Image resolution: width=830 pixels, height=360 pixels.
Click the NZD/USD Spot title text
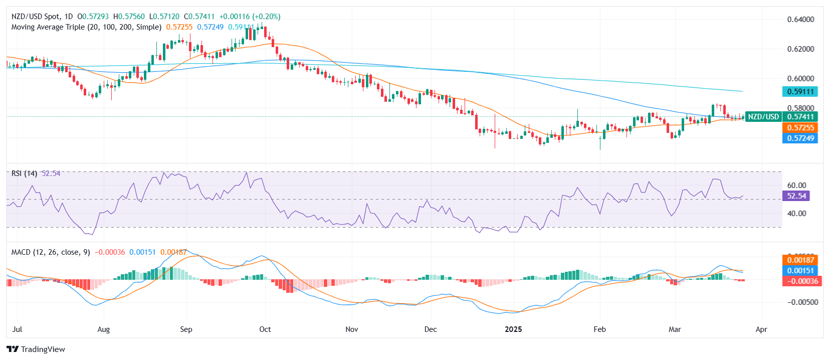tap(42, 17)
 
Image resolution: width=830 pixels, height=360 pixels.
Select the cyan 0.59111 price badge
tap(800, 92)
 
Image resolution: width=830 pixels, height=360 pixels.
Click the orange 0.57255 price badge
tap(800, 128)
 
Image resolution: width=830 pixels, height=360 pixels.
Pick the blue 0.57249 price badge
tap(800, 138)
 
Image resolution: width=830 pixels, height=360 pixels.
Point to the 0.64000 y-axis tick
tap(800, 20)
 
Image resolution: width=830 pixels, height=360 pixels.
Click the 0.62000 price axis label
tap(800, 49)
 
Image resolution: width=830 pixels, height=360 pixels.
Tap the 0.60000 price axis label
tap(800, 79)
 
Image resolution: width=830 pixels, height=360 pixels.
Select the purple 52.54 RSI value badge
tap(796, 196)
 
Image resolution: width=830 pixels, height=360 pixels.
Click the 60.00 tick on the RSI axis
tap(796, 186)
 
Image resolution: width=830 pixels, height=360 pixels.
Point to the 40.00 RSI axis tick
tap(796, 214)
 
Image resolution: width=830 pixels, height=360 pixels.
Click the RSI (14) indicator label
tap(24, 173)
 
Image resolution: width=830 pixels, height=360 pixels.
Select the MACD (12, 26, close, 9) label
tap(51, 252)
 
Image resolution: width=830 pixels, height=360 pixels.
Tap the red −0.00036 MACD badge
tap(800, 281)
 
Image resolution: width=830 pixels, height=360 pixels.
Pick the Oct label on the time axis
tap(265, 329)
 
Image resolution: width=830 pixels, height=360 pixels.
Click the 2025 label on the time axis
tap(513, 329)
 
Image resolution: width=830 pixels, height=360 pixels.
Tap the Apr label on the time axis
tap(761, 329)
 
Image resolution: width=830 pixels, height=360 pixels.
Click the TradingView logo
tap(36, 349)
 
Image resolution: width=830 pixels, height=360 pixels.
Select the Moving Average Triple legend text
tap(86, 27)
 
